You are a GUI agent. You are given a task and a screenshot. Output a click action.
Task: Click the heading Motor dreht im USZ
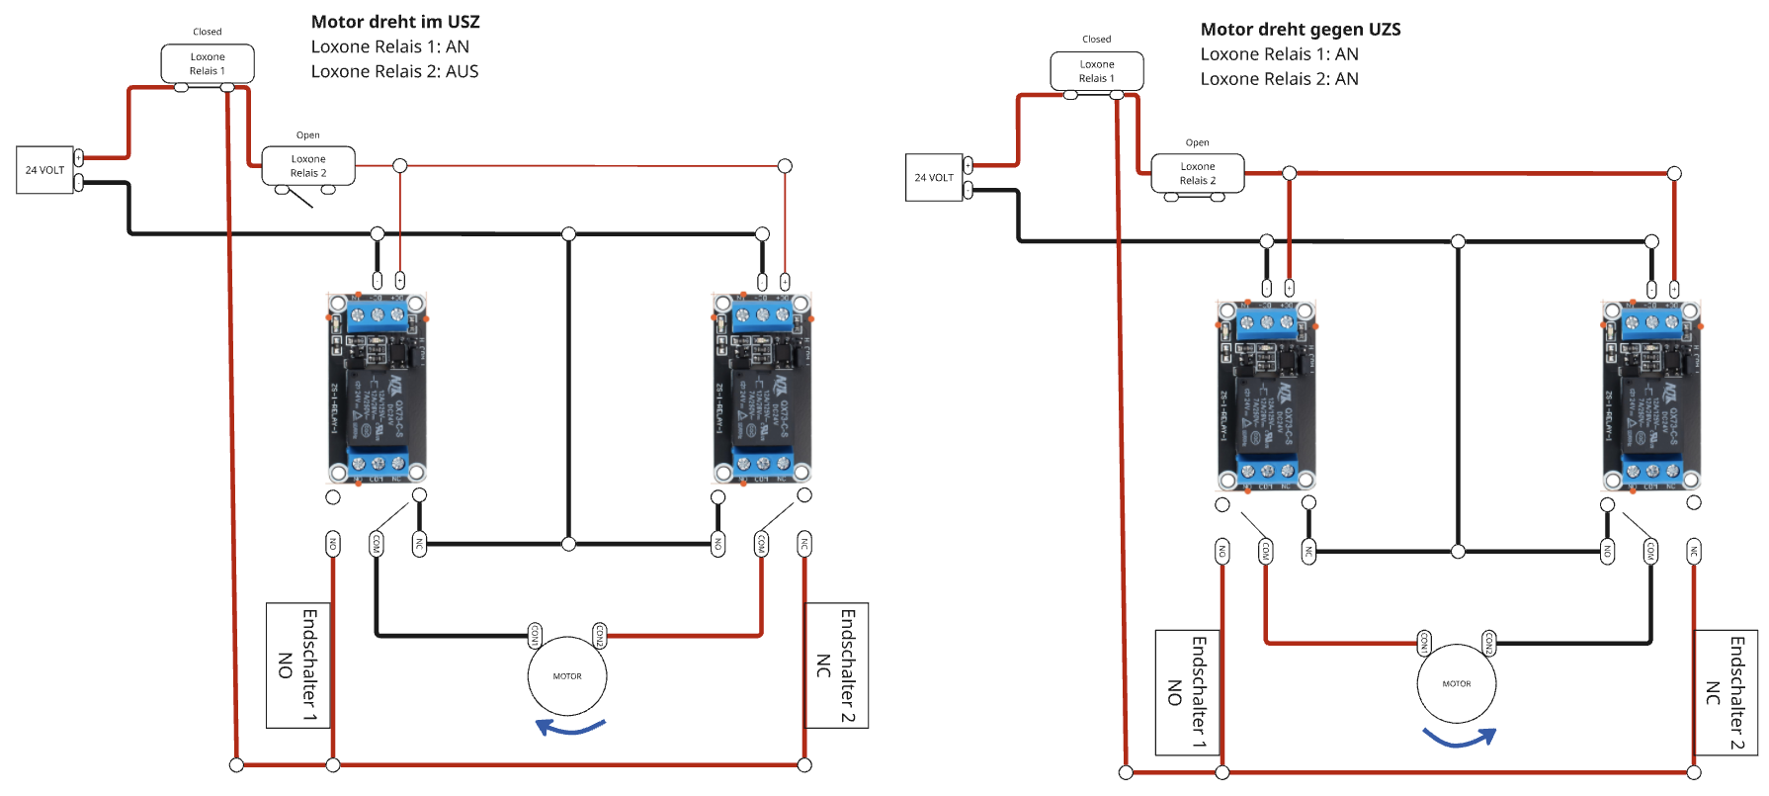point(395,22)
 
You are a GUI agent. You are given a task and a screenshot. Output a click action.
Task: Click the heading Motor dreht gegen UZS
point(1300,30)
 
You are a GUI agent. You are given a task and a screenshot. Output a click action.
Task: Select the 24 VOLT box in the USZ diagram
point(44,170)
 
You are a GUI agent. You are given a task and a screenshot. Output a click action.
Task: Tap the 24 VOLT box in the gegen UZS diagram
point(934,178)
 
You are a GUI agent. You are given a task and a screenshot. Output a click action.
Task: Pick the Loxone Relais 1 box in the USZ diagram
point(208,64)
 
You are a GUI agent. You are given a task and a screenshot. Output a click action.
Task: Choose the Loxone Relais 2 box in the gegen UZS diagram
point(1198,174)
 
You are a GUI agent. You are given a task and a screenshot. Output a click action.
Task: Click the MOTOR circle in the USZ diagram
point(567,676)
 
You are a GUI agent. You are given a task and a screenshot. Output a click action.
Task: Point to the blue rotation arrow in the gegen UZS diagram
point(1459,738)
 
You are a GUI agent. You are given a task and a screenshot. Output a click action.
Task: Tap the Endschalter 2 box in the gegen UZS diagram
point(1726,692)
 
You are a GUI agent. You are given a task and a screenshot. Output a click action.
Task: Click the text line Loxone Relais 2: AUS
point(394,71)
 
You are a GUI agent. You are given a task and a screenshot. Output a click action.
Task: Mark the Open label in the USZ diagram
point(308,135)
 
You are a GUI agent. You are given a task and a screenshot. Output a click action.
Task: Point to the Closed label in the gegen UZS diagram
point(1097,40)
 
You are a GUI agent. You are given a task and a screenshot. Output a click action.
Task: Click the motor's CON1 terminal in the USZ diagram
point(535,634)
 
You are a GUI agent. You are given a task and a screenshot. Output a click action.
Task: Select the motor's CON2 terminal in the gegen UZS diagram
point(1488,642)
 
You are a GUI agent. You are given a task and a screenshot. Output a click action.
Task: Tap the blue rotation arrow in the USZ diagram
point(569,729)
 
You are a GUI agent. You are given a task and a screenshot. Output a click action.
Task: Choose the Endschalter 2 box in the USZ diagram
point(836,665)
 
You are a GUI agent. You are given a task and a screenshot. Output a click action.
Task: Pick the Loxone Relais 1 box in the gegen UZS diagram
point(1097,71)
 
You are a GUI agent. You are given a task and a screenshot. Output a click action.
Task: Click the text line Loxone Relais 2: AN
point(1279,79)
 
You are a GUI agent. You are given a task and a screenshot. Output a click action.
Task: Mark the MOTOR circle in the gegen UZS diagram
point(1457,684)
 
